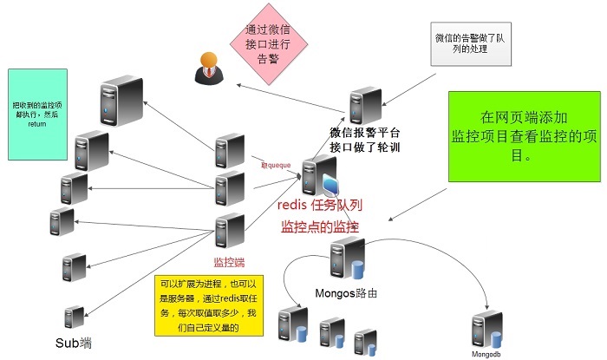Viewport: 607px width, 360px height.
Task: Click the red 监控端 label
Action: (231, 261)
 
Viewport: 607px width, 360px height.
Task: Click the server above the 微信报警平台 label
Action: (365, 106)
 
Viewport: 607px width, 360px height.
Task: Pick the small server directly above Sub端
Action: (74, 317)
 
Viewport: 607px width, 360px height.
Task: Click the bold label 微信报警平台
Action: (365, 133)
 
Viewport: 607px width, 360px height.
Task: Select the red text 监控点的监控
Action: (319, 226)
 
